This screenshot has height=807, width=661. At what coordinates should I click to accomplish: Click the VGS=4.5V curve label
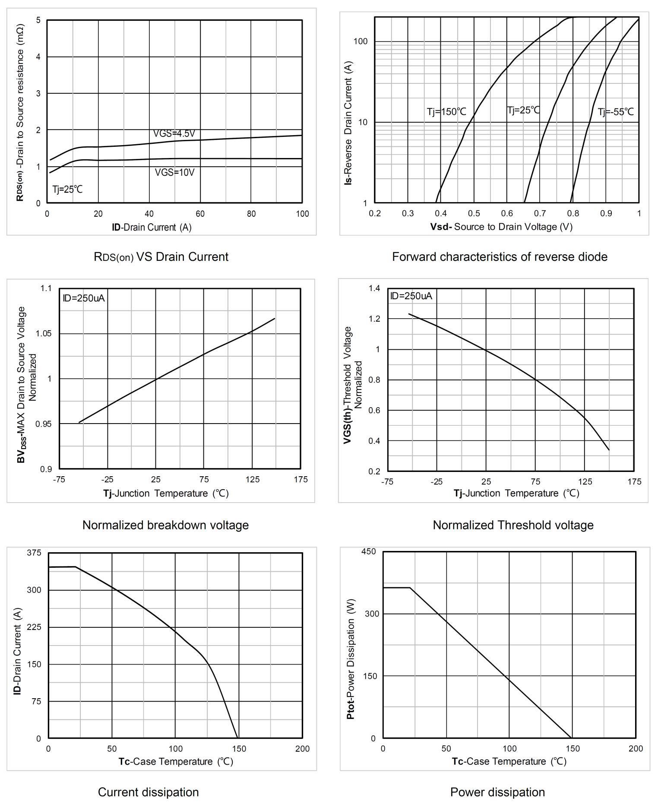177,134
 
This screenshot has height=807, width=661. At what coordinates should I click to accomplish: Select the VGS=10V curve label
175,173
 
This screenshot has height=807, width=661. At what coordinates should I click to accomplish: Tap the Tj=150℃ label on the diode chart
446,112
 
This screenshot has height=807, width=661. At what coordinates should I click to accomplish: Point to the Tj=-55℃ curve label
616,112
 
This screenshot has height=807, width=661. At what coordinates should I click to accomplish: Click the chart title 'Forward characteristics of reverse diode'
500,257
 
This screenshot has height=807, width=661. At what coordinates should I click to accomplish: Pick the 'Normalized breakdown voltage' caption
165,525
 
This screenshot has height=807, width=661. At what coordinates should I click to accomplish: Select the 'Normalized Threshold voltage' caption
513,525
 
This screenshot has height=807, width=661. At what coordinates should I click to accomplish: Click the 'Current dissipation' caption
148,792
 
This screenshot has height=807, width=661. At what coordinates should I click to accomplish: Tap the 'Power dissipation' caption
497,792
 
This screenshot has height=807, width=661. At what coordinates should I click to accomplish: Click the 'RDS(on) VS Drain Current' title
161,257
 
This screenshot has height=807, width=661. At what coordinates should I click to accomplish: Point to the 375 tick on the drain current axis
34,553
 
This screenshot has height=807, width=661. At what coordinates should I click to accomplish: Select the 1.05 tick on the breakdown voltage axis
43,334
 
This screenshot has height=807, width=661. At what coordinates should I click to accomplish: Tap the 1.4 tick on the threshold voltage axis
374,288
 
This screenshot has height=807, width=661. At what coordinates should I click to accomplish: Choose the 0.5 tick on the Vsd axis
474,213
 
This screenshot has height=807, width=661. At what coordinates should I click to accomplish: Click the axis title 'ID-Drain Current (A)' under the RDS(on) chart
152,227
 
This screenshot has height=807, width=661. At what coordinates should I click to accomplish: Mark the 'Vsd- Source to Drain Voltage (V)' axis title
501,227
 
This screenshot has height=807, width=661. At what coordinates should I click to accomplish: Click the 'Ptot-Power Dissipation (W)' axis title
351,659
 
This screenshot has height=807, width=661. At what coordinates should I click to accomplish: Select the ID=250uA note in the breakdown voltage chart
84,298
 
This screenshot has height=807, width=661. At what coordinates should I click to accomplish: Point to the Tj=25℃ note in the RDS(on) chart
67,190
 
